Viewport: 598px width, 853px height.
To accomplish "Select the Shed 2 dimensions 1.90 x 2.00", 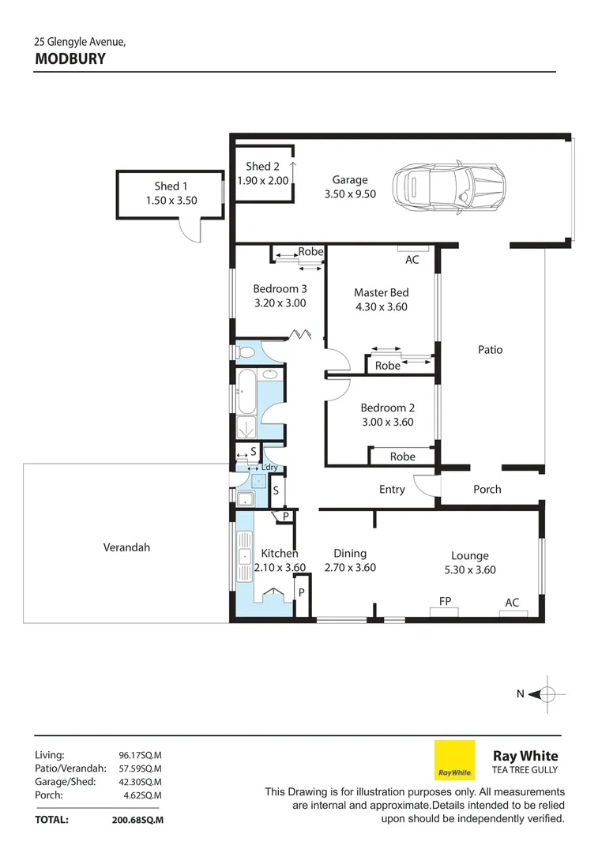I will pyautogui.click(x=263, y=181).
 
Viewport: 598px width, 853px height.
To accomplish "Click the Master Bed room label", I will pyautogui.click(x=381, y=293).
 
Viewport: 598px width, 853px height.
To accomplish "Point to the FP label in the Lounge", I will pyautogui.click(x=446, y=602).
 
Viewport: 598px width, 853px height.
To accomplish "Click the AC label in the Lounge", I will pyautogui.click(x=512, y=603).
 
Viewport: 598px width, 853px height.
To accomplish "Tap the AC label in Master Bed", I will pyautogui.click(x=412, y=260).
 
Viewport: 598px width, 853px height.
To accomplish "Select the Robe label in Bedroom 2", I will pyautogui.click(x=402, y=457).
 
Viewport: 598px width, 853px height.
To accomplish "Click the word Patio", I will pyautogui.click(x=490, y=350).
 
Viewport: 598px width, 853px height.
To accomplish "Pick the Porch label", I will pyautogui.click(x=487, y=489).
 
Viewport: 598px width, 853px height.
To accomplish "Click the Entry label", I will pyautogui.click(x=392, y=490).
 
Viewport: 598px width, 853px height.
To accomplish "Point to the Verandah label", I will pyautogui.click(x=126, y=547).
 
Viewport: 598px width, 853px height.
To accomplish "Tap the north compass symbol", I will pyautogui.click(x=546, y=694).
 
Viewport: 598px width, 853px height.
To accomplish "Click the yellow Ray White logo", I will pyautogui.click(x=454, y=761).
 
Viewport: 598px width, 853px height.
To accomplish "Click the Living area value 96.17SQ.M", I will pyautogui.click(x=139, y=755).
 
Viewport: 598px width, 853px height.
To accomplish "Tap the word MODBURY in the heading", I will pyautogui.click(x=70, y=58).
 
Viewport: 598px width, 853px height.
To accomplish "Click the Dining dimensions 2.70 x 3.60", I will pyautogui.click(x=350, y=567).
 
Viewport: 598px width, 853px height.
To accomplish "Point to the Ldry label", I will pyautogui.click(x=270, y=468).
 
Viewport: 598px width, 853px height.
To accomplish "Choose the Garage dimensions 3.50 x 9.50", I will pyautogui.click(x=350, y=194).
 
